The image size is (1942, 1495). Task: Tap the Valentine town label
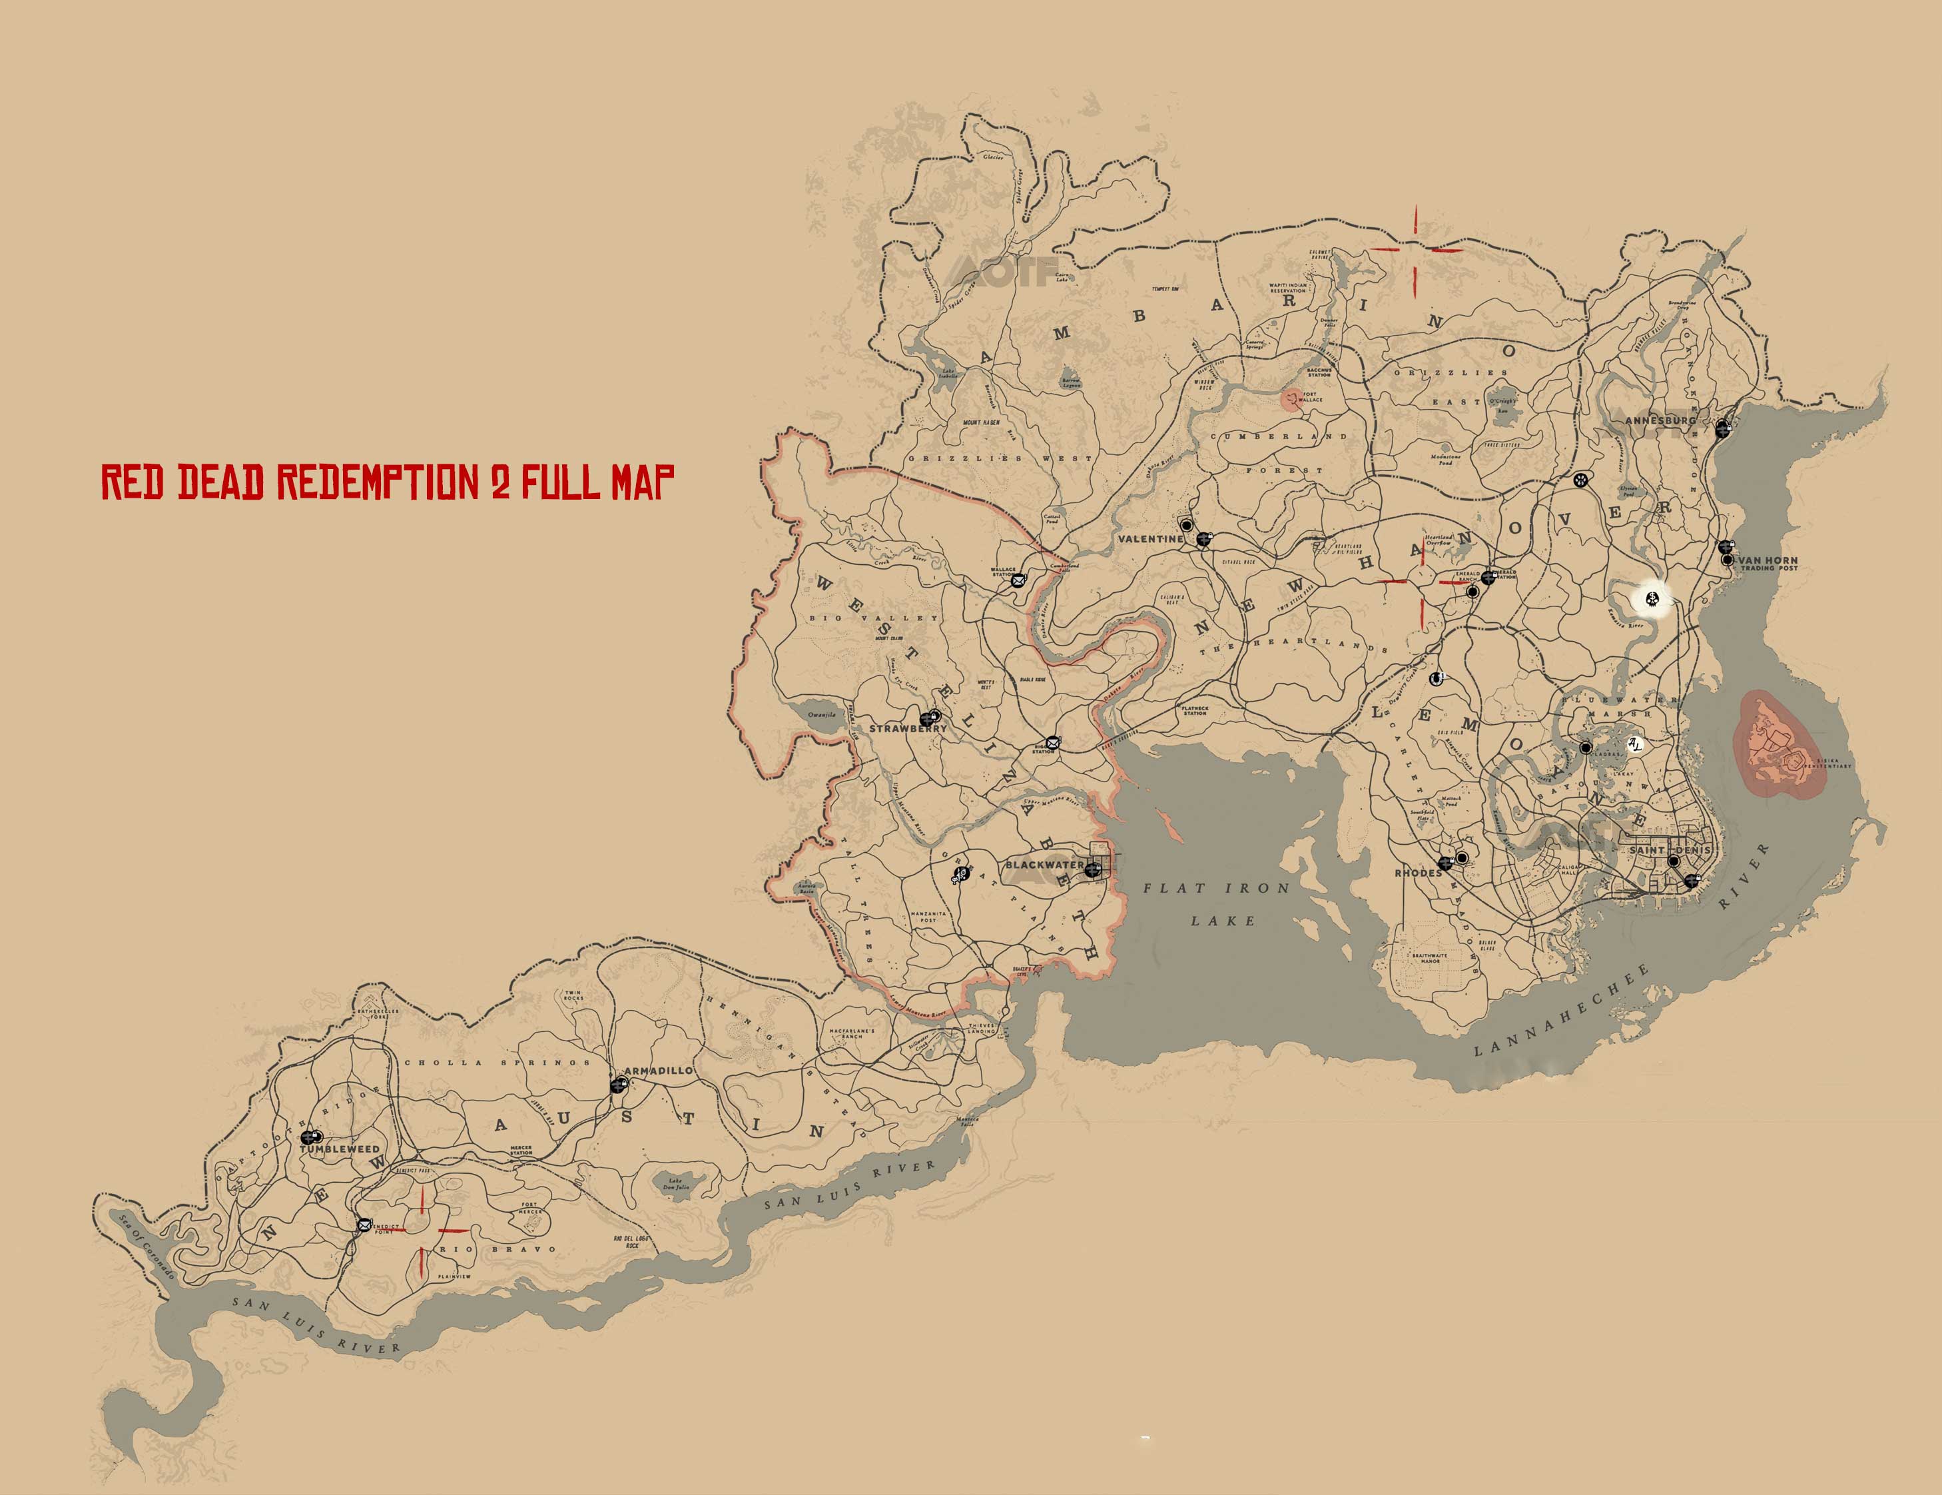(x=1151, y=539)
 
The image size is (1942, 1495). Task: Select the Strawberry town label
(x=908, y=728)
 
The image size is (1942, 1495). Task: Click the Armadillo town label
(x=658, y=1071)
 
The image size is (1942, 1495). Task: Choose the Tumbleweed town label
(x=340, y=1149)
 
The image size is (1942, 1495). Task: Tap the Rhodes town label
(x=1417, y=873)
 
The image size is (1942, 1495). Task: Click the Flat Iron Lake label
(x=1215, y=903)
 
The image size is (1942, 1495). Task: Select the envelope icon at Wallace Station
(x=1017, y=581)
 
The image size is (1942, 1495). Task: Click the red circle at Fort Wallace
(x=1289, y=399)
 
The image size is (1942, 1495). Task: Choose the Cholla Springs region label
(x=497, y=1063)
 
